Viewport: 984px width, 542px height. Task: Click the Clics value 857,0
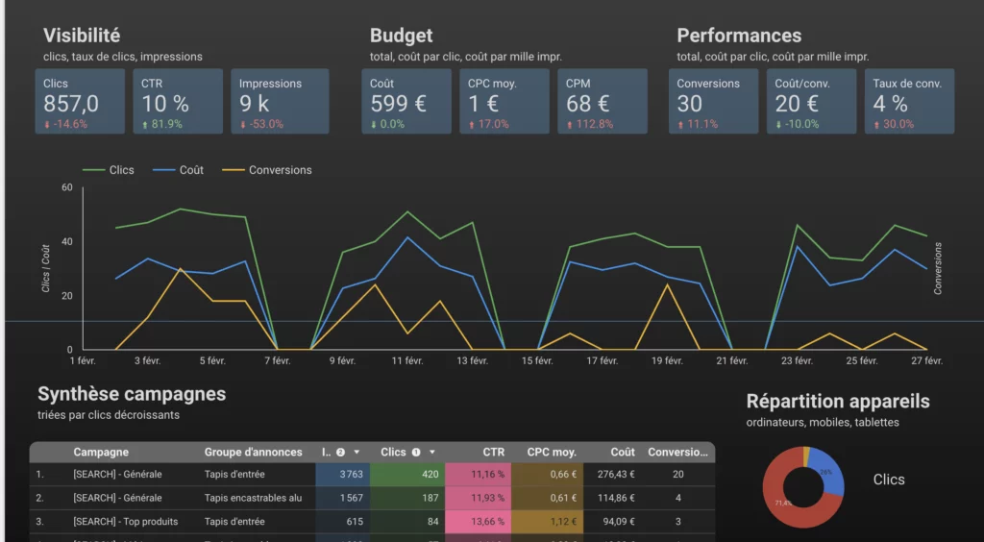click(x=71, y=104)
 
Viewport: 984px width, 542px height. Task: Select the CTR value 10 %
click(x=165, y=104)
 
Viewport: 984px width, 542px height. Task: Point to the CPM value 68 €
click(x=588, y=104)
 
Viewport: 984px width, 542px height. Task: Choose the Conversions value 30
click(x=690, y=104)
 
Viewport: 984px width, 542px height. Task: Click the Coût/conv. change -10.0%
click(x=799, y=124)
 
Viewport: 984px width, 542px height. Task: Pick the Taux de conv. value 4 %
click(x=891, y=104)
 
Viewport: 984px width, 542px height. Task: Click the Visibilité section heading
click(x=82, y=36)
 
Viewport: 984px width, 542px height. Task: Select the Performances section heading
click(x=738, y=36)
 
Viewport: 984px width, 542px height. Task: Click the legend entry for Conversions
click(x=280, y=170)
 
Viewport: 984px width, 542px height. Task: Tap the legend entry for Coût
click(x=191, y=170)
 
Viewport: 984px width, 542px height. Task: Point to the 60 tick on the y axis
click(x=67, y=187)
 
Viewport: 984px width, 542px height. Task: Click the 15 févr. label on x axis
click(x=537, y=361)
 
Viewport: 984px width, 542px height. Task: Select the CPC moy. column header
click(x=552, y=452)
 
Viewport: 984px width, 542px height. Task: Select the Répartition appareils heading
click(x=838, y=402)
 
